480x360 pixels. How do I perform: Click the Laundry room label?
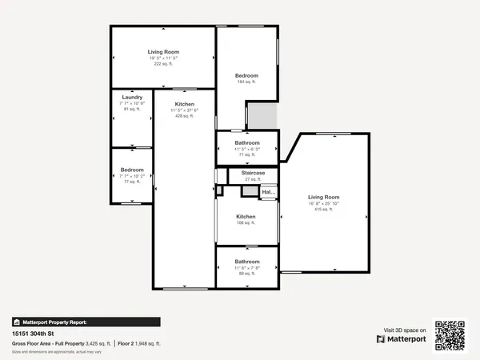tap(132, 98)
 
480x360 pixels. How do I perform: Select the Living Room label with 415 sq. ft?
tap(324, 197)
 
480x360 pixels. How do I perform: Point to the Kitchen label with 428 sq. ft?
tap(185, 105)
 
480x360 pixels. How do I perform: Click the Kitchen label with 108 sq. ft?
tap(246, 217)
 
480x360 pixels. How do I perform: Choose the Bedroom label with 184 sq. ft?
tap(246, 76)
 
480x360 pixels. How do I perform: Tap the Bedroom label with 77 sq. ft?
tap(132, 170)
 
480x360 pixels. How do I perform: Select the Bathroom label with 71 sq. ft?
tap(246, 143)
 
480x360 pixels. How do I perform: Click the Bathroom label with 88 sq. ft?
tap(246, 262)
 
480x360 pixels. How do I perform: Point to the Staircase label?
tap(253, 172)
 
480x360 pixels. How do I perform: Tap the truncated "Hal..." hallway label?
tap(268, 193)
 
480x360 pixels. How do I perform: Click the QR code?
tap(450, 334)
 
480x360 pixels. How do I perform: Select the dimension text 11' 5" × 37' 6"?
tap(185, 110)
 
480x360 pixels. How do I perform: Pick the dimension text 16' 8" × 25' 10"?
tap(324, 203)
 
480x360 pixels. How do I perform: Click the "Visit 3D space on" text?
tap(405, 330)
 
